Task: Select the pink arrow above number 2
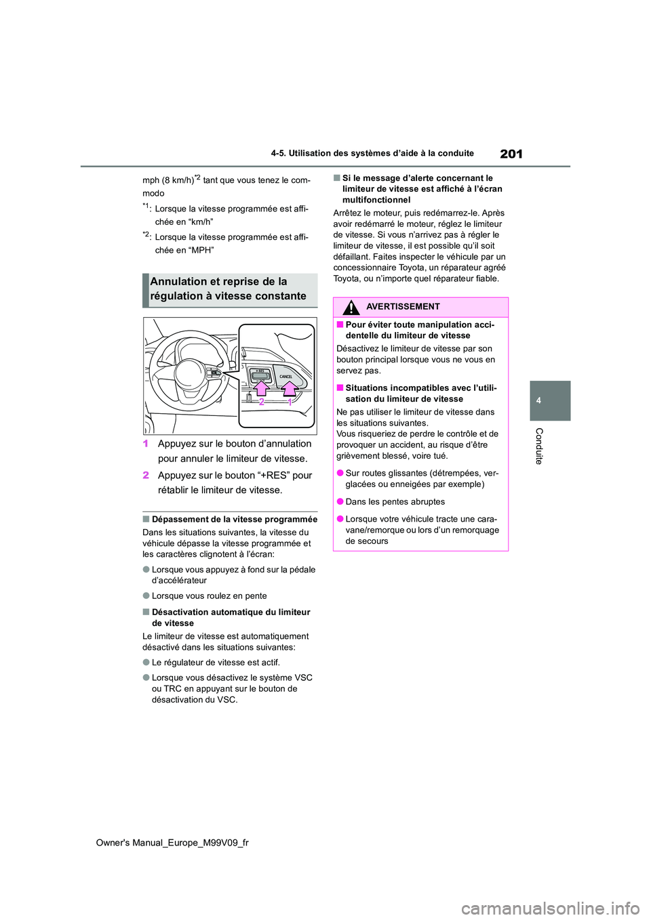261,389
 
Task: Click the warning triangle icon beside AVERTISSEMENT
351,308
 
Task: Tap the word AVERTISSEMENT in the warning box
403,307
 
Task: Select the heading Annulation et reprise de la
218,282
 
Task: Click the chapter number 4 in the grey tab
538,400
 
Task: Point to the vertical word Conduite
539,446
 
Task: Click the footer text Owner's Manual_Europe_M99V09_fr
172,842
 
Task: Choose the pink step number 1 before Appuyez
146,444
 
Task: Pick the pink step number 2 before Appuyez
146,476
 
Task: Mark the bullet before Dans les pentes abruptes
340,502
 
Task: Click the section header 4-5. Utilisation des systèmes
372,153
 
